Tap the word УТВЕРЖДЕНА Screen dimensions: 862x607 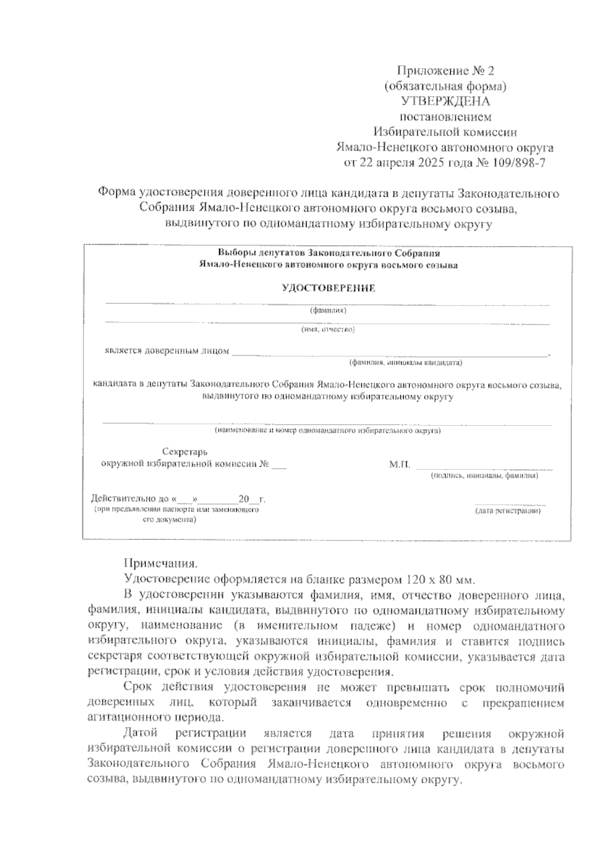(x=445, y=101)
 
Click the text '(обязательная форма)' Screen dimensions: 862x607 (x=445, y=85)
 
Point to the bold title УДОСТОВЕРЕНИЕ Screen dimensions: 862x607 (x=328, y=288)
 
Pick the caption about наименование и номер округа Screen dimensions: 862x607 (x=327, y=431)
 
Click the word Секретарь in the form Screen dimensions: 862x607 (x=185, y=451)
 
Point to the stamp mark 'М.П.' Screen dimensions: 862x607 (x=400, y=465)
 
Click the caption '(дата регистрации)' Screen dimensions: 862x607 (x=508, y=511)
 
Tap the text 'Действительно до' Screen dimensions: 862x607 (x=131, y=500)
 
